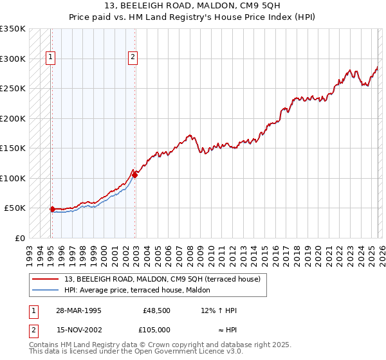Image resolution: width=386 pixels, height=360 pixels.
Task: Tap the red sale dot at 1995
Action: pos(52,209)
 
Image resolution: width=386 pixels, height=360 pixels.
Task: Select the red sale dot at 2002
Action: pos(134,175)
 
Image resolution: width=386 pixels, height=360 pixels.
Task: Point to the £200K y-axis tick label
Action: pos(13,119)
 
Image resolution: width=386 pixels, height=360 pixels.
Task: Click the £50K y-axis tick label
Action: pos(15,208)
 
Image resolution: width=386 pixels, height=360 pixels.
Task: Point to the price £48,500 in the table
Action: pos(154,310)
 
